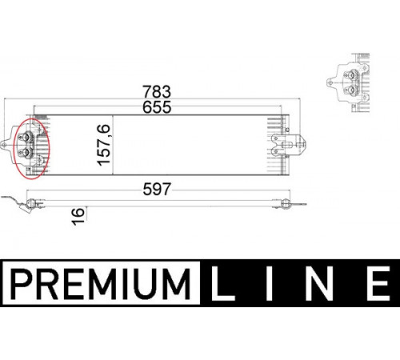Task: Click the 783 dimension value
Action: (157, 92)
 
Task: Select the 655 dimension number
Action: (157, 107)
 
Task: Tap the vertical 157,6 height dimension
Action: (104, 145)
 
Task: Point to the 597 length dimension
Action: (157, 190)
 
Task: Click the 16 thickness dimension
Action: (78, 216)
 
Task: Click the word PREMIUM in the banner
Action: (101, 284)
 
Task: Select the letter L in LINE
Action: (222, 283)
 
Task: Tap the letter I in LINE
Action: (270, 283)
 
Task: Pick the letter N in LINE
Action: (319, 283)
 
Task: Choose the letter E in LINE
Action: (378, 283)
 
